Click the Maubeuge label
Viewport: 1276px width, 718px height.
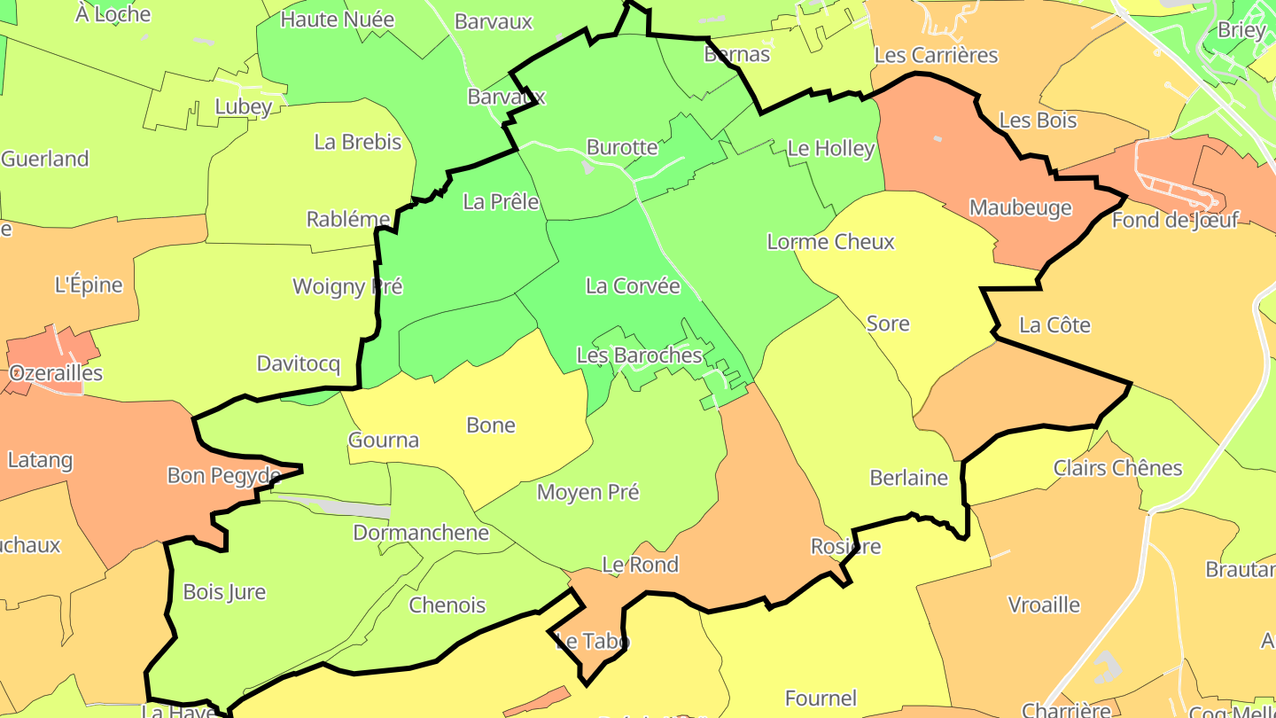tap(1020, 208)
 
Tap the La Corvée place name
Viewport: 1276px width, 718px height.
tap(633, 286)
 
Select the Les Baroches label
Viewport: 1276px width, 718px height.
tap(639, 355)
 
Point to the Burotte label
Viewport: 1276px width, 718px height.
tap(622, 147)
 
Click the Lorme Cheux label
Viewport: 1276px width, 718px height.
tap(830, 242)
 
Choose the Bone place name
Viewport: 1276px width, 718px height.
tap(491, 425)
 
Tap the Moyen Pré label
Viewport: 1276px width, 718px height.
tap(587, 492)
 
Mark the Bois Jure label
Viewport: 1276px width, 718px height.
tap(224, 592)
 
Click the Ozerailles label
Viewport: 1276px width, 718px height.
tap(56, 373)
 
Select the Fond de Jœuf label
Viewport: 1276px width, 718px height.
tap(1174, 220)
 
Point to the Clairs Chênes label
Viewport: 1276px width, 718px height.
tap(1117, 468)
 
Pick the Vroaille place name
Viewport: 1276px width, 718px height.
tap(1044, 605)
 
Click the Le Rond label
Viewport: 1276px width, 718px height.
tap(640, 565)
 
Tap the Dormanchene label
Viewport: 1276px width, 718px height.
tap(421, 533)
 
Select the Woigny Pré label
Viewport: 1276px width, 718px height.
tap(347, 286)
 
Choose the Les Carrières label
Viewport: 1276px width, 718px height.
tap(936, 55)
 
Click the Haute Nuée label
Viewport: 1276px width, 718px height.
tap(337, 19)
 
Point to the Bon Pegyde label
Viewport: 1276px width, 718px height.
tap(224, 476)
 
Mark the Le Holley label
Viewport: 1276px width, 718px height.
tap(830, 149)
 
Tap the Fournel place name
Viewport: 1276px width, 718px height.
tap(821, 699)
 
